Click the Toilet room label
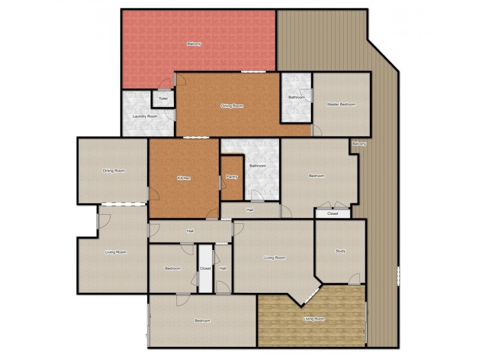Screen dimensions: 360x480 pos(163,98)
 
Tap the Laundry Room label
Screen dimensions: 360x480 pos(145,116)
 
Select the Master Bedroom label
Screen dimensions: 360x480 pos(341,104)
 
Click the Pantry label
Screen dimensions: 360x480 pos(232,176)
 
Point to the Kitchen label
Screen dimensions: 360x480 pos(184,178)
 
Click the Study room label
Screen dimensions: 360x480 pos(341,251)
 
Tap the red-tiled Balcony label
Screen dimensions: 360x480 pos(194,44)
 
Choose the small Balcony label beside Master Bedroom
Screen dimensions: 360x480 pos(359,144)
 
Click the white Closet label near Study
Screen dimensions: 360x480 pos(332,213)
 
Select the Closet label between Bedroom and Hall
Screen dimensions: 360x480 pos(205,268)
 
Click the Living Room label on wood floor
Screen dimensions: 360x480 pos(314,319)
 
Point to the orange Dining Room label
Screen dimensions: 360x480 pos(232,106)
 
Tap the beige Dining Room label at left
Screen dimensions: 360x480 pos(113,171)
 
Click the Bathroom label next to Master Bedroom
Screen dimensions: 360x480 pos(296,97)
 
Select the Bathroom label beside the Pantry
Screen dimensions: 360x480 pos(257,166)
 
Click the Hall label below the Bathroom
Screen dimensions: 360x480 pos(250,210)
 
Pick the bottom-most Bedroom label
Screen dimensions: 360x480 pos(202,320)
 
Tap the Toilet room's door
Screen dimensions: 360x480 pos(163,88)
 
